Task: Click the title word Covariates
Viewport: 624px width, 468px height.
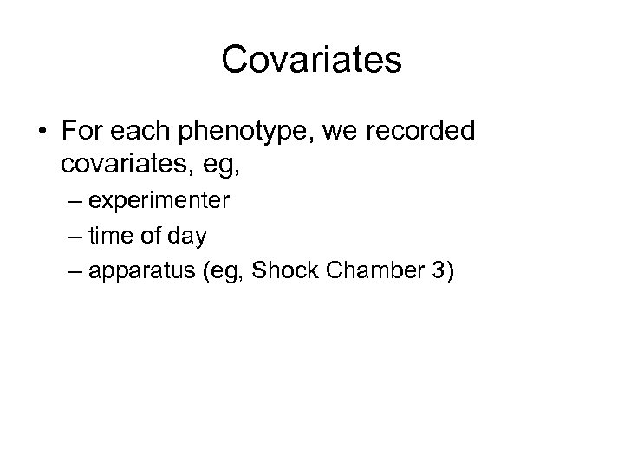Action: [x=311, y=60]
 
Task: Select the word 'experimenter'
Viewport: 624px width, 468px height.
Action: [x=159, y=203]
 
